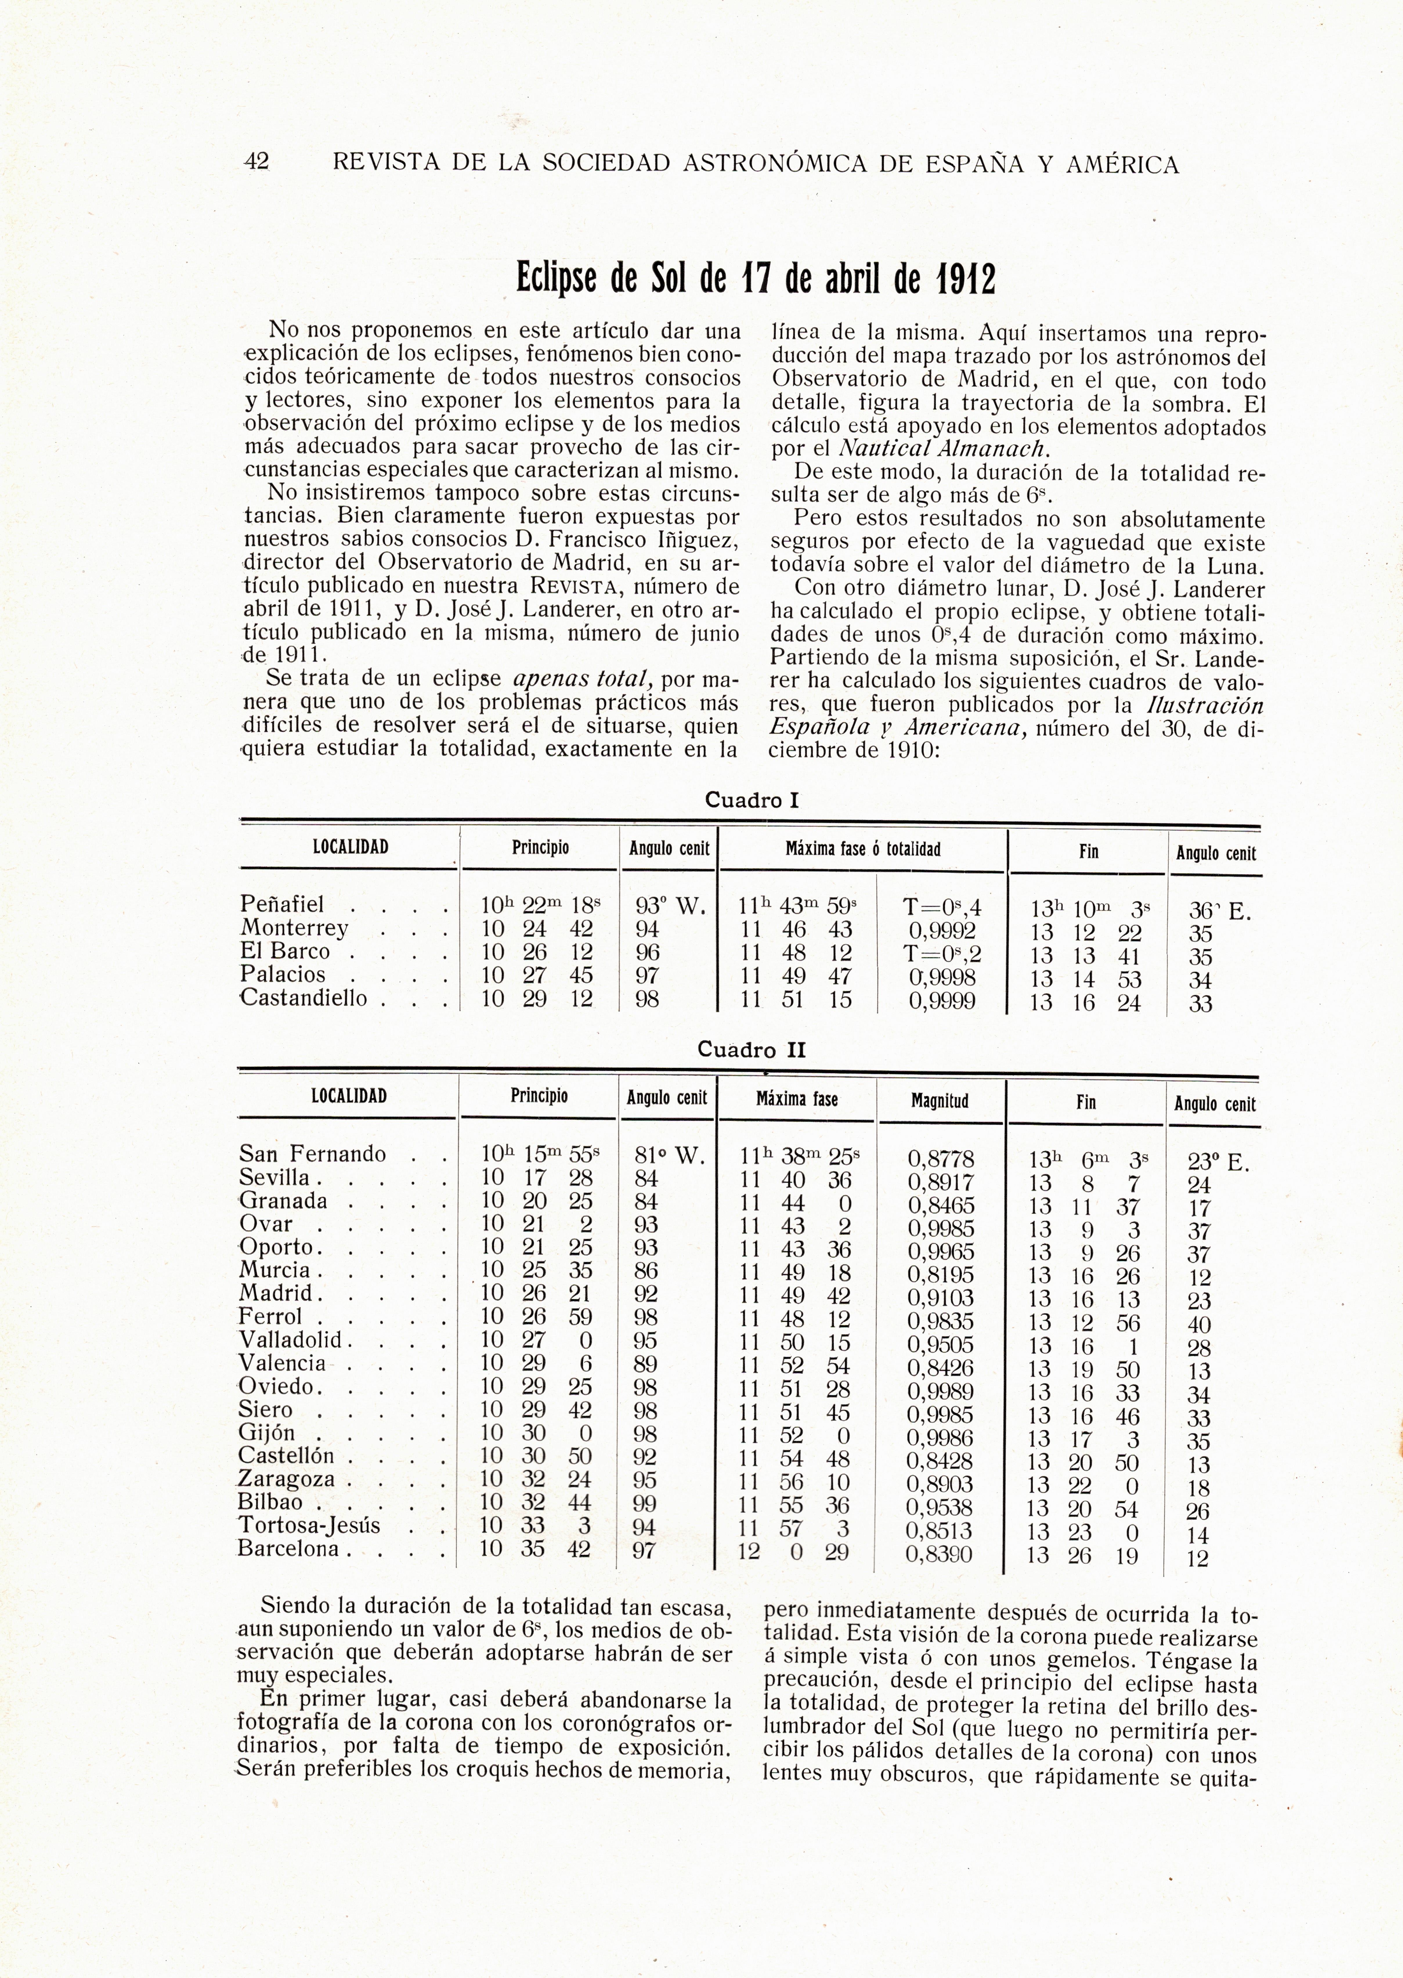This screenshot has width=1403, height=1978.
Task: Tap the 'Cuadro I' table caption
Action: click(x=752, y=800)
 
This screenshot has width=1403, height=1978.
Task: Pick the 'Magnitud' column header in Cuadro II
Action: click(x=940, y=1101)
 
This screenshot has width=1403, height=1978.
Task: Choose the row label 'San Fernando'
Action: click(x=312, y=1154)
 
